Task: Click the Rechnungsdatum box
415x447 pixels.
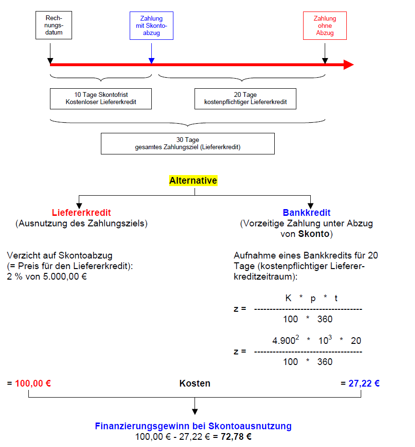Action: coord(54,25)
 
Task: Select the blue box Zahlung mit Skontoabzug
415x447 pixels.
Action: coord(151,25)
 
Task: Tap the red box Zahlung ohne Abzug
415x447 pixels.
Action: coord(325,26)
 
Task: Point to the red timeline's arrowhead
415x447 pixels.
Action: coord(349,65)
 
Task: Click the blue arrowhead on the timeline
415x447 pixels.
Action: coord(151,60)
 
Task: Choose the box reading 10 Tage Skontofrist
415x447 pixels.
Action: coord(101,98)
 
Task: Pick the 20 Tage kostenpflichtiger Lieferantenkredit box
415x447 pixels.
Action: coord(245,98)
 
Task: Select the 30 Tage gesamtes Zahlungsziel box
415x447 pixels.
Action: coord(187,143)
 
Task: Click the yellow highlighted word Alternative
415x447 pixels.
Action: coord(193,181)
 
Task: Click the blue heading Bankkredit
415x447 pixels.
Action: coord(306,212)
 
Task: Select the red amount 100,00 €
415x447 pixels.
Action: coord(33,384)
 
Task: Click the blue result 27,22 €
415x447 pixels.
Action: coord(364,384)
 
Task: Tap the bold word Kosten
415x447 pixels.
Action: coord(195,384)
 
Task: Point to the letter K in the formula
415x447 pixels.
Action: coord(288,298)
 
